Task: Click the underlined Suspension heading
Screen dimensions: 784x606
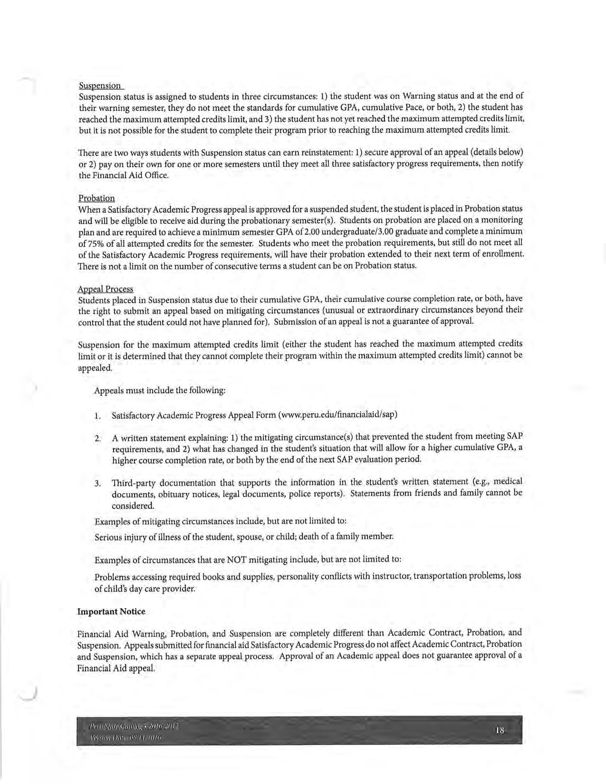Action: [100, 86]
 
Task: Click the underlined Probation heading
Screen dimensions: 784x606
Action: [96, 198]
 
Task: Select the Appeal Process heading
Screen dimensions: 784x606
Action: [106, 289]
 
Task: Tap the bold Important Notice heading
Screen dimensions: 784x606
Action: [111, 612]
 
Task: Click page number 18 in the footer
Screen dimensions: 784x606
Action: [499, 731]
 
